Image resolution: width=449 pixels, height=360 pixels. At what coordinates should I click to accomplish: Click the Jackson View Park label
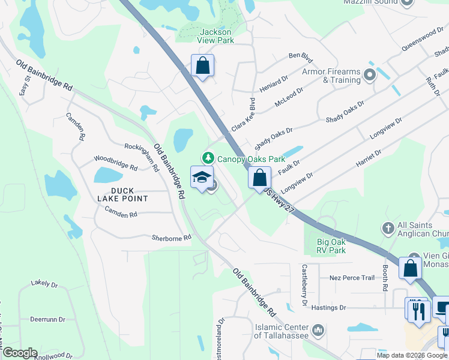click(217, 36)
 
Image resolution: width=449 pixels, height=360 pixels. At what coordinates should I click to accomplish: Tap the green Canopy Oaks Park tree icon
click(208, 158)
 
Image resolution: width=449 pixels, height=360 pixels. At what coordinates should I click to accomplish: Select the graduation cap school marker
click(202, 178)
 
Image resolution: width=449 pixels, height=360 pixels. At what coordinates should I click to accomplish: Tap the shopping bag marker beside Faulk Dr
click(259, 178)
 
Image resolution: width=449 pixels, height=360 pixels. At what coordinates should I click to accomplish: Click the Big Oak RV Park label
click(331, 246)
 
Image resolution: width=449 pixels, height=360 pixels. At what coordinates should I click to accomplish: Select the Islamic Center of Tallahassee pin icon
click(318, 329)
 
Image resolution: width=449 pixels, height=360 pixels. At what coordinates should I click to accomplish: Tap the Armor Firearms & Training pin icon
click(370, 75)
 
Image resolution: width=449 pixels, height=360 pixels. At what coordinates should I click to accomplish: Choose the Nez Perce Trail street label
click(352, 278)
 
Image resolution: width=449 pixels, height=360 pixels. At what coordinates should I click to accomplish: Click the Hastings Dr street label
click(327, 308)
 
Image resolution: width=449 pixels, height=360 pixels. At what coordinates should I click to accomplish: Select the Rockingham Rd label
click(142, 155)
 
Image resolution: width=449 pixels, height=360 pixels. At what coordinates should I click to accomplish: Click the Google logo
click(19, 353)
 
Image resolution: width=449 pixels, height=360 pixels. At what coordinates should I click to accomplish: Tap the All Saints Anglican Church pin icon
click(388, 229)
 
